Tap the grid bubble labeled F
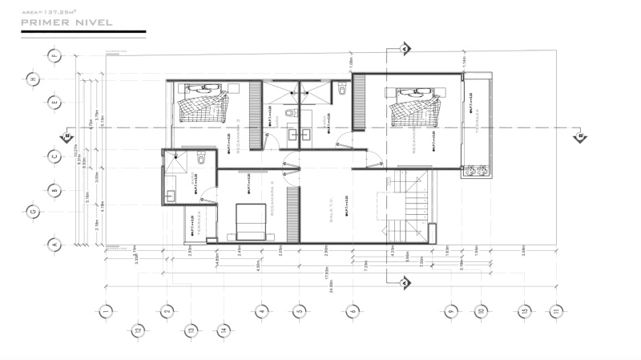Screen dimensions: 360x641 click(54, 56)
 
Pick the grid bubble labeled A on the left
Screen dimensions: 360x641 click(54, 244)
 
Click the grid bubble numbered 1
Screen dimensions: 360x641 click(104, 311)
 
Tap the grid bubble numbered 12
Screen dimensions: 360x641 click(138, 330)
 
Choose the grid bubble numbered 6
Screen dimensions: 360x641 click(353, 311)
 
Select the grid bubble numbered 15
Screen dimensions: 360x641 click(523, 311)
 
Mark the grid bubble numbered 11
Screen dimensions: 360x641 click(554, 311)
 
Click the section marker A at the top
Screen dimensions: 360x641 click(406, 50)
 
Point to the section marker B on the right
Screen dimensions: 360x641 click(578, 137)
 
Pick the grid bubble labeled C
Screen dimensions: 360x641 click(54, 156)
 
